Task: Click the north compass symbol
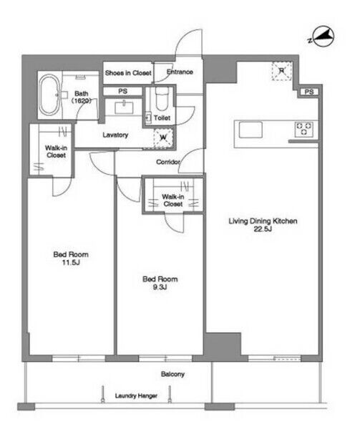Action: pos(323,37)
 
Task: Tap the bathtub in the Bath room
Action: pos(49,95)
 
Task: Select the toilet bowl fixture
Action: pos(162,99)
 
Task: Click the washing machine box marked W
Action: pos(163,138)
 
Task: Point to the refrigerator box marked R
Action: pos(282,71)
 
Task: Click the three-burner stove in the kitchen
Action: pos(303,129)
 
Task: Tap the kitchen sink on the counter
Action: pos(250,130)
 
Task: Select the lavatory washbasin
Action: pos(124,107)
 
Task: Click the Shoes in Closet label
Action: pos(128,73)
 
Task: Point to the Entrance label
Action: pos(180,72)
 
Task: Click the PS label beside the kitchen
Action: pos(309,92)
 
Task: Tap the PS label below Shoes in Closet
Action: pos(122,91)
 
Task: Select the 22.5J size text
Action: pos(263,229)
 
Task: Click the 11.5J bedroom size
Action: pos(71,263)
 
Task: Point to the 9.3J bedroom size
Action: pos(160,287)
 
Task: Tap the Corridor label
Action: pos(168,162)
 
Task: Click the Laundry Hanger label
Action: pos(136,395)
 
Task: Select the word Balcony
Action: pos(172,374)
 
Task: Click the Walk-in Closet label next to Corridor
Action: pos(173,200)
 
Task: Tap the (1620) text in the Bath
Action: pos(81,101)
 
